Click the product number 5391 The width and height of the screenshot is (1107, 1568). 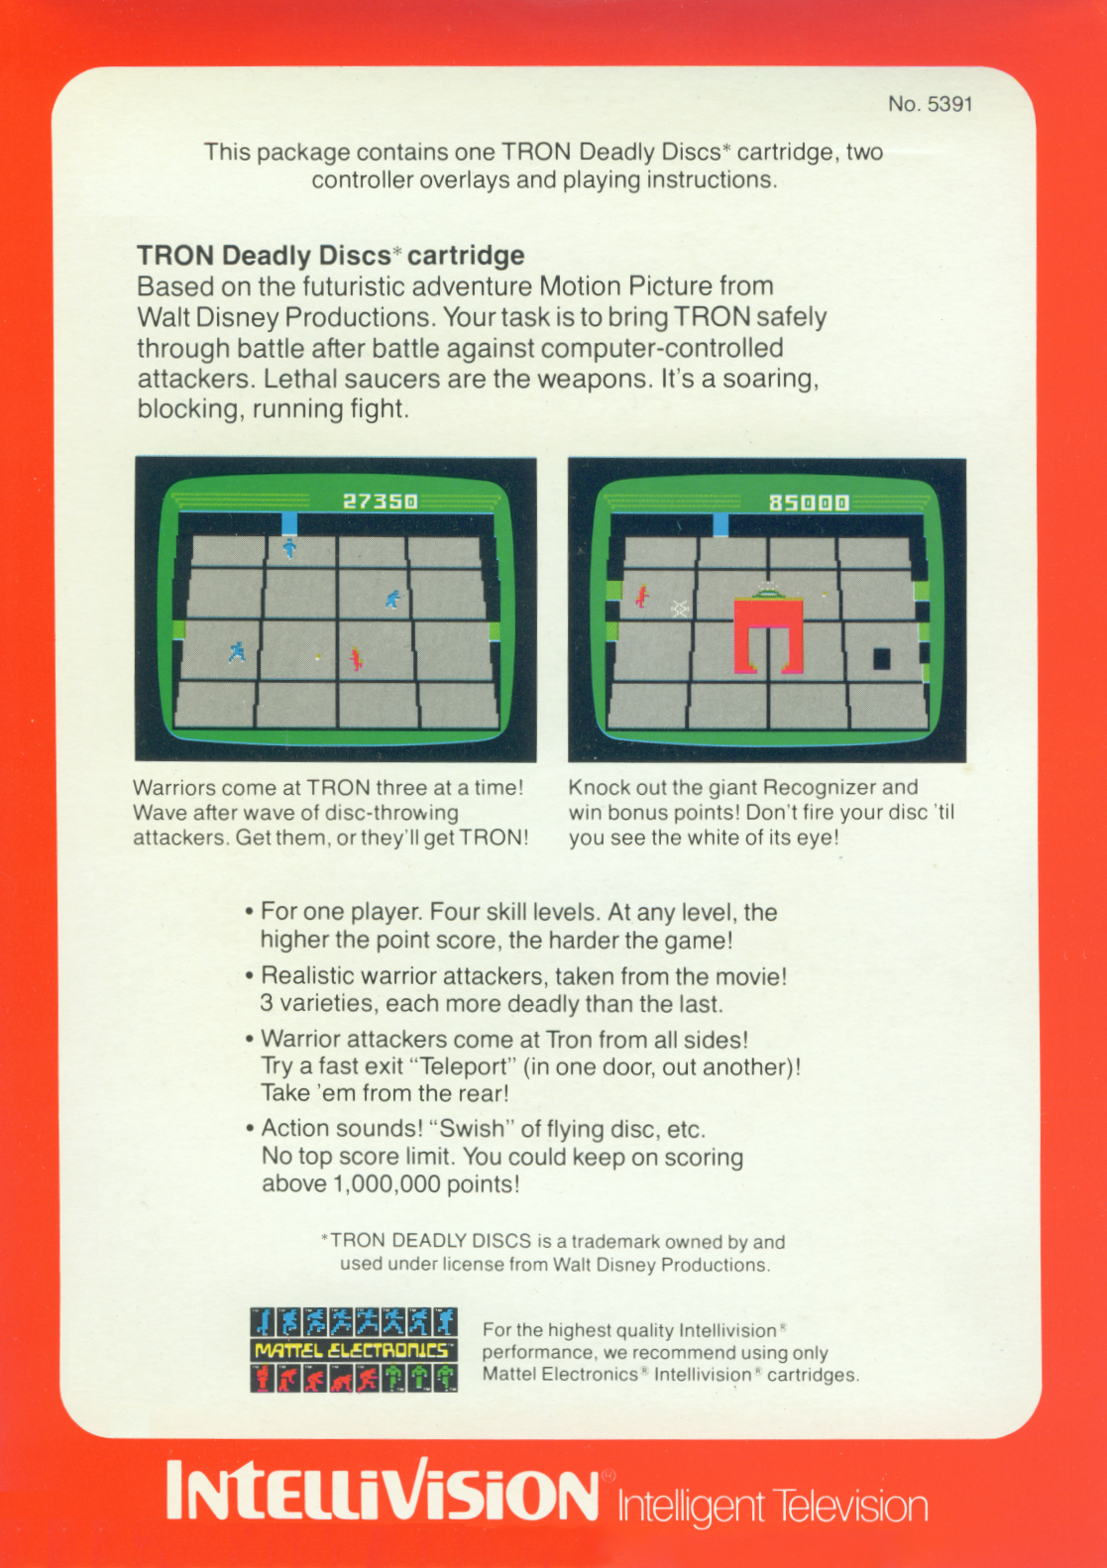click(949, 104)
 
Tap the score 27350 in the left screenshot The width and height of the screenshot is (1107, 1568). click(380, 502)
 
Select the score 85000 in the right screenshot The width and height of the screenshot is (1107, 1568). click(809, 503)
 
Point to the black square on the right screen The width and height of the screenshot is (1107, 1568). click(882, 659)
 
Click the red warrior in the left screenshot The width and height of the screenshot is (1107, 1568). click(356, 659)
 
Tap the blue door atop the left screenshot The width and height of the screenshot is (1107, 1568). click(289, 523)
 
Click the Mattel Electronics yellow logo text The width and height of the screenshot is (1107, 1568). click(353, 1350)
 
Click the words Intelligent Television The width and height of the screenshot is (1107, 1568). click(772, 1508)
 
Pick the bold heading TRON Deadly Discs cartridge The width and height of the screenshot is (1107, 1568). click(330, 256)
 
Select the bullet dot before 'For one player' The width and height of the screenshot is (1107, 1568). click(249, 912)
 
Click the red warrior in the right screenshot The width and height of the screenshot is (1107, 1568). click(641, 597)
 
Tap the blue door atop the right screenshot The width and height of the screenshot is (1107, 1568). click(720, 525)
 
